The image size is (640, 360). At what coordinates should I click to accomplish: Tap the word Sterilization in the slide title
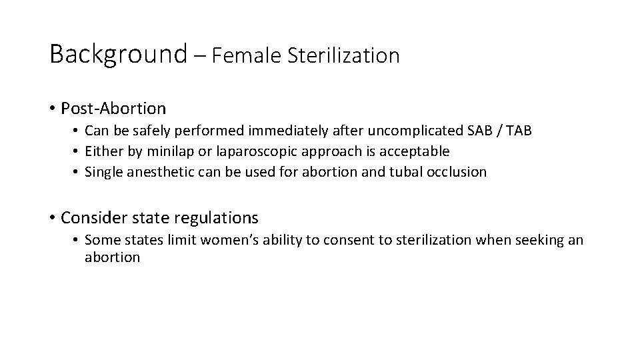[343, 55]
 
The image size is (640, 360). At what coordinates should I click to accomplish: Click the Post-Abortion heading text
[113, 107]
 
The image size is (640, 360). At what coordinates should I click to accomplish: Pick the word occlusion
[459, 171]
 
